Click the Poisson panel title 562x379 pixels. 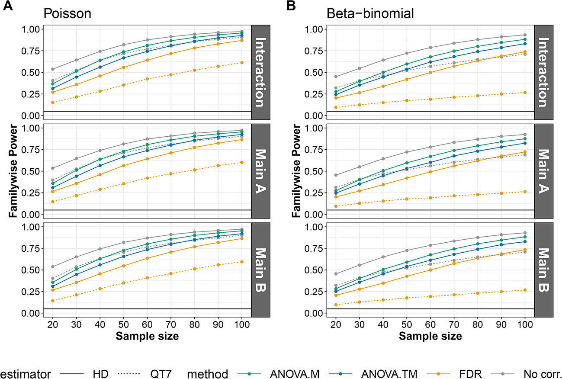pyautogui.click(x=67, y=13)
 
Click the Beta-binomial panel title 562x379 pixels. pyautogui.click(x=370, y=13)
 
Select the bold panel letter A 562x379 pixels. pyautogui.click(x=8, y=6)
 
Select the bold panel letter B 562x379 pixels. pyautogui.click(x=291, y=6)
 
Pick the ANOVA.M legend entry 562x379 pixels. pyautogui.click(x=295, y=374)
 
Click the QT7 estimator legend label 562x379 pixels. pyautogui.click(x=161, y=374)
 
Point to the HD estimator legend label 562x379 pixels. pyautogui.click(x=101, y=374)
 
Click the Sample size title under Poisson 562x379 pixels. pyautogui.click(x=147, y=336)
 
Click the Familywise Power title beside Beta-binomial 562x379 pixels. pyautogui.click(x=296, y=171)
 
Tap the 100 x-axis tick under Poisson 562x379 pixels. pyautogui.click(x=241, y=324)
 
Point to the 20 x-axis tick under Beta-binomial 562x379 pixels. pyautogui.click(x=336, y=324)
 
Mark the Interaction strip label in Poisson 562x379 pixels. pyautogui.click(x=260, y=72)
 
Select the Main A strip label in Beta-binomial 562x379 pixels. pyautogui.click(x=544, y=171)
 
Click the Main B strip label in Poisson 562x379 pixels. pyautogui.click(x=260, y=270)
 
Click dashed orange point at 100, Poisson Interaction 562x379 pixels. pyautogui.click(x=241, y=63)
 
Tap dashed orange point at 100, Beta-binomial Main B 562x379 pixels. pyautogui.click(x=525, y=290)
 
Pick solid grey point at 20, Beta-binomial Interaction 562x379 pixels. pyautogui.click(x=336, y=77)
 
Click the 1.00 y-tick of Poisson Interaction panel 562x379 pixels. pyautogui.click(x=31, y=29)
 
